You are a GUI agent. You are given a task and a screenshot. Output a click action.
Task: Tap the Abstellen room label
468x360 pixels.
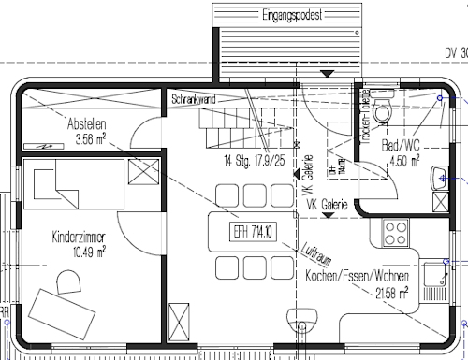click(86, 124)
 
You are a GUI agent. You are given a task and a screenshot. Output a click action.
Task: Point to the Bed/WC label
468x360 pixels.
click(401, 147)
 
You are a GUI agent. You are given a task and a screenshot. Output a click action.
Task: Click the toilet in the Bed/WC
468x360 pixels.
click(382, 112)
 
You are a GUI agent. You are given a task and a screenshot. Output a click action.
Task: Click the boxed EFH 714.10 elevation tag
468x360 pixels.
click(247, 231)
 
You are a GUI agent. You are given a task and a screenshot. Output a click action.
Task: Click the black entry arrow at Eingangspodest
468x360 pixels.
click(325, 74)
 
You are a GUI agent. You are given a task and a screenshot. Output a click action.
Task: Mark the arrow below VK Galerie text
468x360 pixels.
click(327, 214)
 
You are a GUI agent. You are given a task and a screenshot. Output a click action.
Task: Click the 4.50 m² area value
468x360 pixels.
click(403, 160)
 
